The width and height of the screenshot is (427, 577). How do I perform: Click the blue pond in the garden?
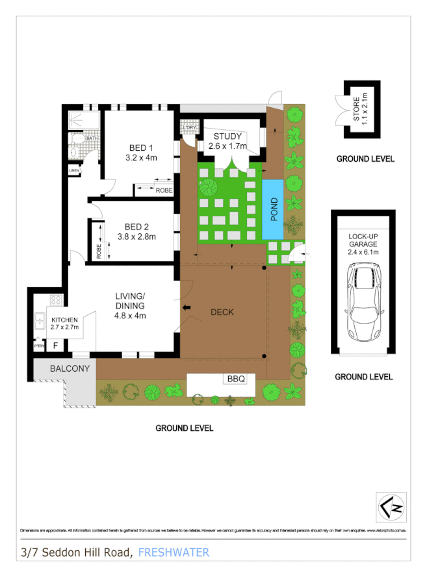coord(273,209)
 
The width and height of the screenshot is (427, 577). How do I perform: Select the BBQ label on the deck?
coord(235,378)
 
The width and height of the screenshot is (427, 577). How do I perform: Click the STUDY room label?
coord(227,136)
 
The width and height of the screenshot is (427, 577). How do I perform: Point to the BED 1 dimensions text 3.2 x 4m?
coord(141,157)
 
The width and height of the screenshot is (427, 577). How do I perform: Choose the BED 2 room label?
coord(137,227)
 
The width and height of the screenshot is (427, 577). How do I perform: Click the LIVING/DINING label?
coord(130,301)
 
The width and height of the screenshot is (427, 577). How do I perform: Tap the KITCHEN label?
coord(64,320)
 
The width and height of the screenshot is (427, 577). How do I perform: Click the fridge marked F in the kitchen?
coord(56,346)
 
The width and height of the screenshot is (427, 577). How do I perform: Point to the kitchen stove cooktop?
coord(56,301)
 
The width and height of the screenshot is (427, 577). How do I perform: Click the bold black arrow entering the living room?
coord(188,308)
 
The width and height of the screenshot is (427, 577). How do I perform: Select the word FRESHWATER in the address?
coord(174,552)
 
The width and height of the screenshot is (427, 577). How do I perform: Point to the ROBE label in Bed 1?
coord(164,190)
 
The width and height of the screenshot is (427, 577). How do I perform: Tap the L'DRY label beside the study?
coord(190,127)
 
